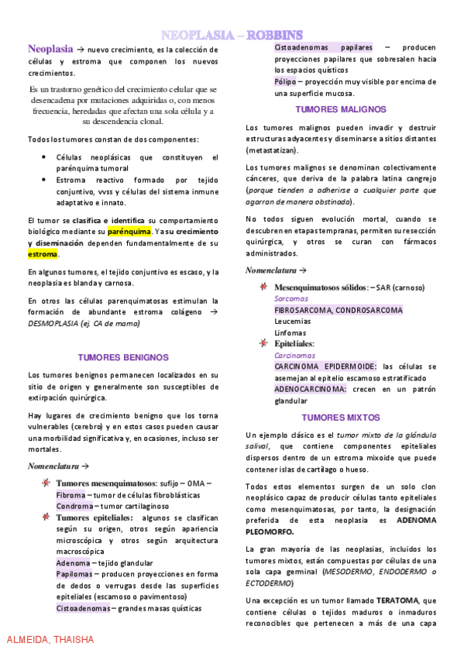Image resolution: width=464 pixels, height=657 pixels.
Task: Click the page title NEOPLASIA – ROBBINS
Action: (x=232, y=34)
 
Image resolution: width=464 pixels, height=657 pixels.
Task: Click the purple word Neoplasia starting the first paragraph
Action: (x=50, y=48)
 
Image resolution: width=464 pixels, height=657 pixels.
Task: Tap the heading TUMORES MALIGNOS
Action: (x=342, y=109)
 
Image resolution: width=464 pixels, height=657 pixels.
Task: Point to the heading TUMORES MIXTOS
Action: (x=342, y=417)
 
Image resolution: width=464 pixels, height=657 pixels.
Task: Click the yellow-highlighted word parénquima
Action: (x=129, y=232)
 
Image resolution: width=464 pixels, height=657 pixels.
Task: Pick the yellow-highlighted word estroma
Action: (x=43, y=253)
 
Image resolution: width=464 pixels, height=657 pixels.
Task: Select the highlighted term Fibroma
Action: (x=70, y=494)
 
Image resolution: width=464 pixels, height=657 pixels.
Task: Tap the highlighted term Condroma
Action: (x=74, y=506)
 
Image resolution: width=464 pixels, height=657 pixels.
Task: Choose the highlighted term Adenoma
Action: (x=72, y=562)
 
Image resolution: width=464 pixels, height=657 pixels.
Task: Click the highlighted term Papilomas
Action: (x=74, y=574)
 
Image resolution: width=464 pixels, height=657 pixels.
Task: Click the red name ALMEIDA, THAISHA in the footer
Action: (x=50, y=640)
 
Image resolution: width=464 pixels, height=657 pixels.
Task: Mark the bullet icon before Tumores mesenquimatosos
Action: (x=47, y=483)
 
